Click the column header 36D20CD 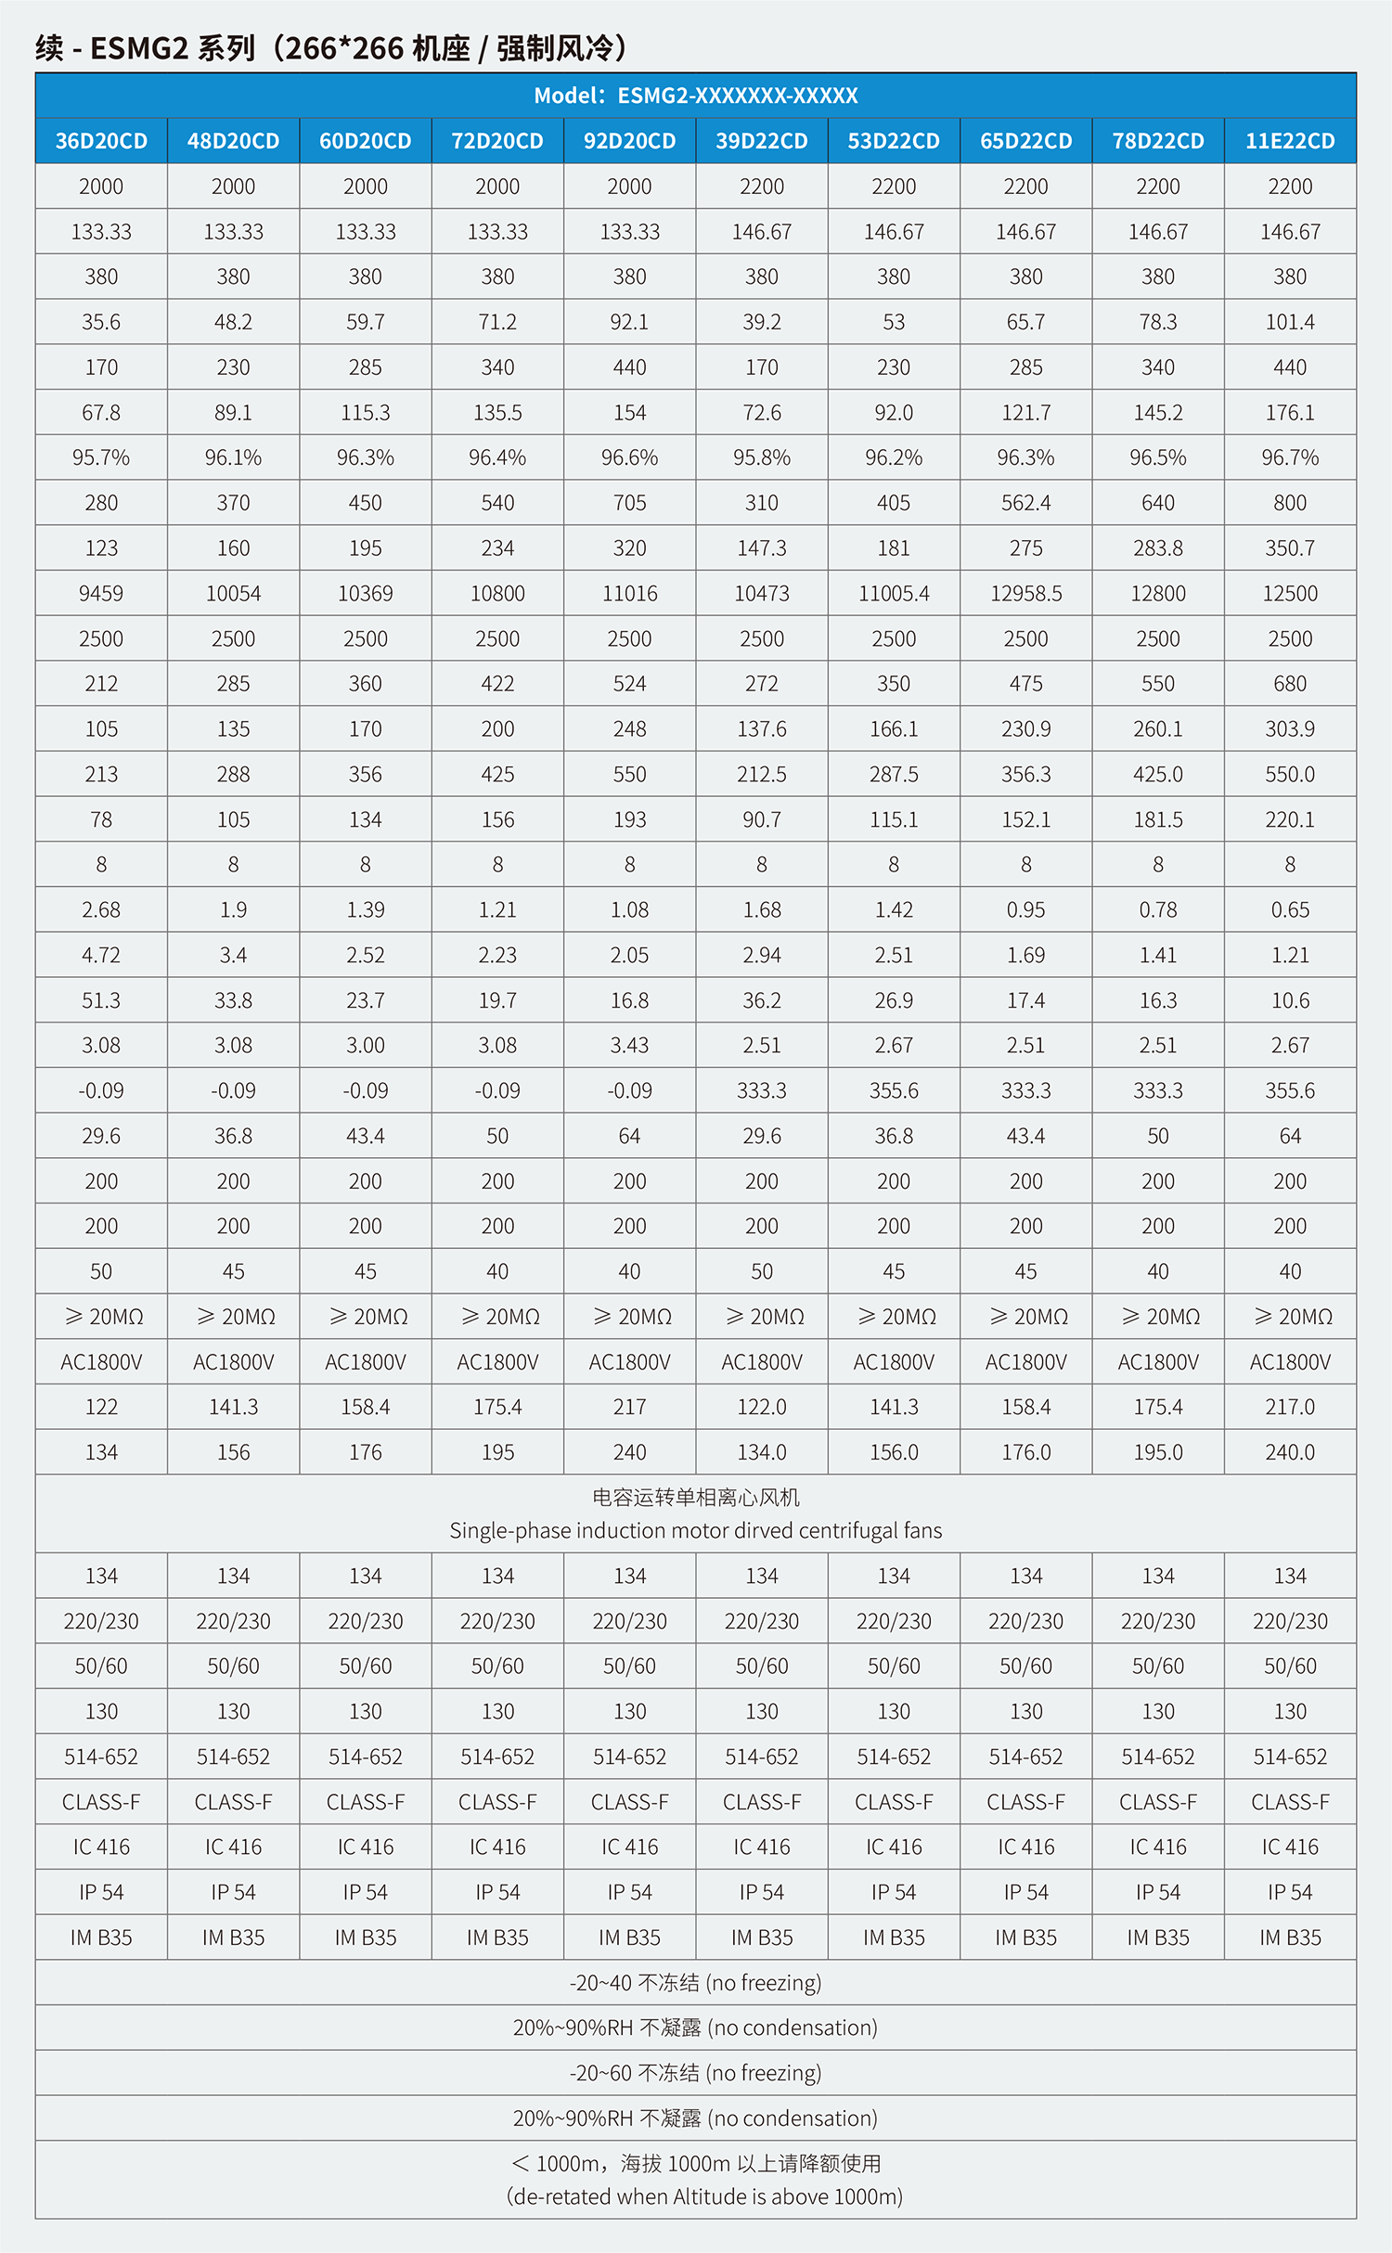click(101, 141)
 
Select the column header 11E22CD click(1290, 141)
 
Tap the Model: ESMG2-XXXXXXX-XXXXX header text click(695, 96)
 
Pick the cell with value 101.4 click(1290, 322)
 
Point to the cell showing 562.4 click(1025, 503)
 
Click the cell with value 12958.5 click(1025, 594)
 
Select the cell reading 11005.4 click(894, 594)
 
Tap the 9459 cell click(101, 594)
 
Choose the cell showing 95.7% click(101, 457)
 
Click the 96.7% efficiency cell click(1290, 457)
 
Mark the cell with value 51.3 click(101, 1000)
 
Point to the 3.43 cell click(629, 1046)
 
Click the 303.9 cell click(1290, 729)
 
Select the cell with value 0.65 click(1290, 910)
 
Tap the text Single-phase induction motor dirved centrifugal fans click(695, 1531)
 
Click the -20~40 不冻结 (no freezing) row click(695, 1983)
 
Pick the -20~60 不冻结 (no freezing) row click(695, 2073)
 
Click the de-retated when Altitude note click(704, 2196)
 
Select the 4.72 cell click(101, 956)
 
